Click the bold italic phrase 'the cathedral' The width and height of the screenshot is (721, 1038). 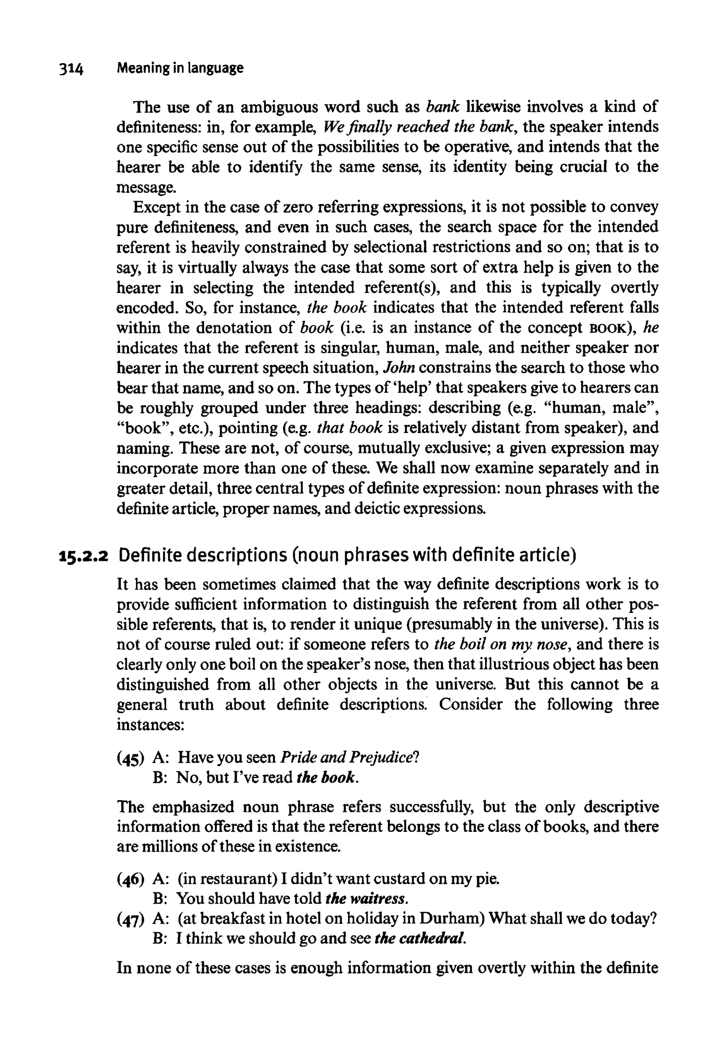[x=420, y=939]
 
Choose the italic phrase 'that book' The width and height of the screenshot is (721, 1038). [x=350, y=428]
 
